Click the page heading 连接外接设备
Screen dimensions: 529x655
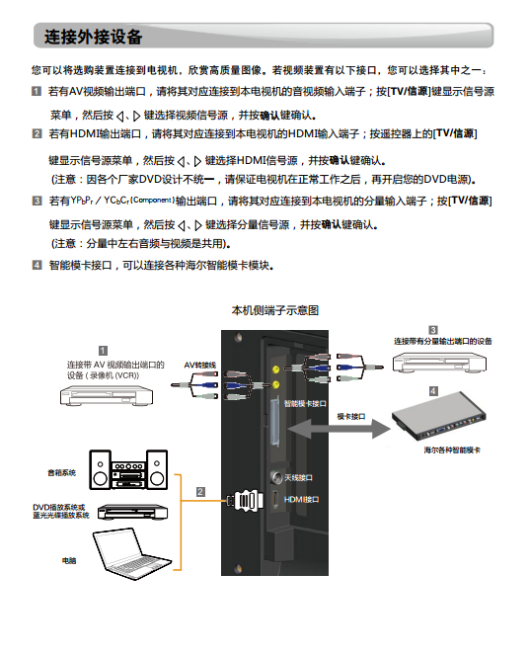[x=93, y=37]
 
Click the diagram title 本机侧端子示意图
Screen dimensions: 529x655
[x=275, y=310]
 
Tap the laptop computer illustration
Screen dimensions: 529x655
[x=131, y=553]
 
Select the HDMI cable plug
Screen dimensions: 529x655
[x=246, y=500]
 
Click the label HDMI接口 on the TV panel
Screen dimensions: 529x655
[x=301, y=499]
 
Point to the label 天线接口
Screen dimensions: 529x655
[x=298, y=477]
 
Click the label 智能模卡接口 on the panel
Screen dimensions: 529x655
[x=305, y=403]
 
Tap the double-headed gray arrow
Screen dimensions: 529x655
[x=339, y=429]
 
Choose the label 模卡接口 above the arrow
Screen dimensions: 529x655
[x=351, y=417]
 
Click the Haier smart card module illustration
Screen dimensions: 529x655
[x=439, y=416]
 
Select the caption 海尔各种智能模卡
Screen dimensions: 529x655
[x=452, y=450]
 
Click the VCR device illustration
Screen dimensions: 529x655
[x=107, y=395]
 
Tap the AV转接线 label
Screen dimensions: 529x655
[x=199, y=365]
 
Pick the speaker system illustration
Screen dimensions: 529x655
[x=128, y=469]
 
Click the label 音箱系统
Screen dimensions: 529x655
[x=62, y=472]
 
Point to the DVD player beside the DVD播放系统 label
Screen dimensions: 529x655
[x=132, y=512]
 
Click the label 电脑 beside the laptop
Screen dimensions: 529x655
[x=69, y=560]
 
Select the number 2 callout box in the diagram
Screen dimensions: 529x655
[x=200, y=492]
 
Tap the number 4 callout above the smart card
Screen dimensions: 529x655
[x=433, y=390]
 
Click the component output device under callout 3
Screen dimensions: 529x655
[x=439, y=363]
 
